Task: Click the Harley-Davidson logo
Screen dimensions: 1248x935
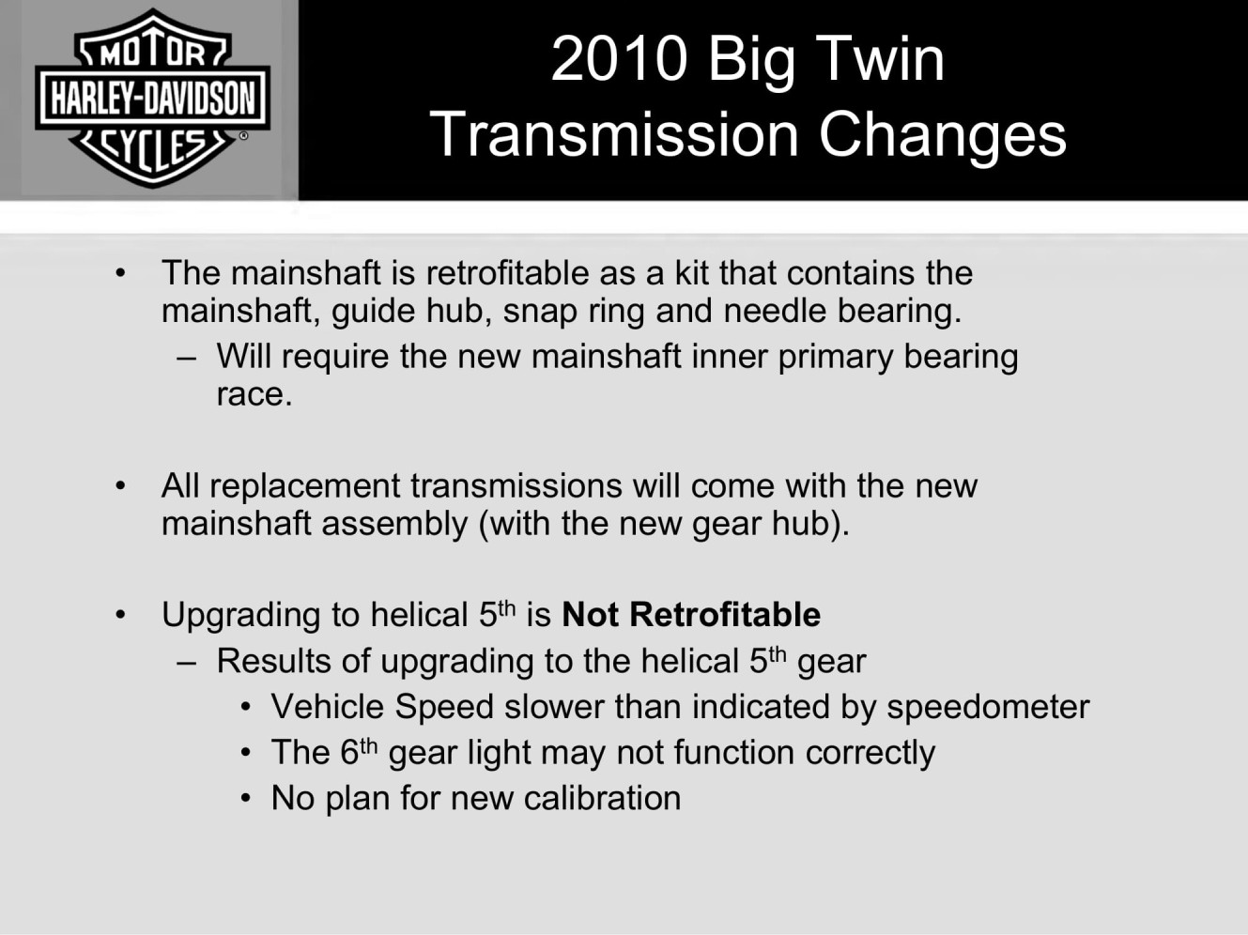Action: tap(152, 98)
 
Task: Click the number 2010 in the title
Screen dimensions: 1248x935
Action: tap(619, 59)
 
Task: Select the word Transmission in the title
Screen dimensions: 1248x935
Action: tap(615, 134)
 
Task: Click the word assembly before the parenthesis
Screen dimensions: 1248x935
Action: tap(394, 525)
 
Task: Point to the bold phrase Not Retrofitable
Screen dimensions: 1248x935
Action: tap(691, 615)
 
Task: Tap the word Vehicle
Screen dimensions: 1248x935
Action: tap(326, 707)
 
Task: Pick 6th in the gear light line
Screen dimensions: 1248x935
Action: tap(359, 751)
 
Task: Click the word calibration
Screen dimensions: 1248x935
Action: tap(602, 798)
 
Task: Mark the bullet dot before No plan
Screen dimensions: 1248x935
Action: tap(246, 799)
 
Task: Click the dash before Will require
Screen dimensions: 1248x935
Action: tap(187, 359)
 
